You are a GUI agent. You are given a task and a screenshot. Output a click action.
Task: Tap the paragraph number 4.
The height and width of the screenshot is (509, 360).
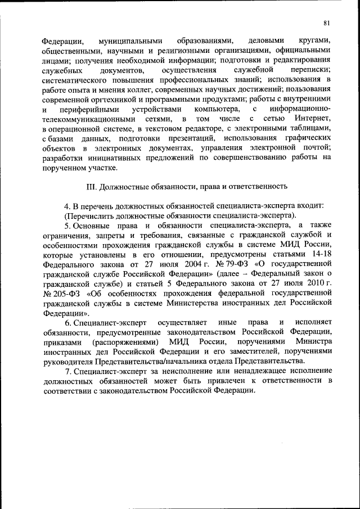click(67, 205)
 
